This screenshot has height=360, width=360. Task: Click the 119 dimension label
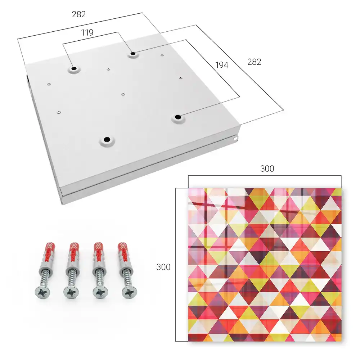pos(87,33)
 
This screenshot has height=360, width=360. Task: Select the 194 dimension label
pos(222,65)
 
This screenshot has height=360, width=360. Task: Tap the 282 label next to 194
pos(254,62)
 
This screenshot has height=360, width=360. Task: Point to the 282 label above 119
pos(79,14)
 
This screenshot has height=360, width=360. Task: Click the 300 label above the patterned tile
pos(267,168)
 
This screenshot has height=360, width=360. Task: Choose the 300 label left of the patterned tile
pos(163,267)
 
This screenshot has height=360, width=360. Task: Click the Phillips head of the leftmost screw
pos(42,293)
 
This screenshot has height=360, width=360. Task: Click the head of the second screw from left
pos(71,293)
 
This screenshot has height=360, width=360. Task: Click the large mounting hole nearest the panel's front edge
pos(107,139)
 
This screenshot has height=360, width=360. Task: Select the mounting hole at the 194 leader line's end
pos(177,117)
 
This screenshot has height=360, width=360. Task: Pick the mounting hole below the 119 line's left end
pos(74,68)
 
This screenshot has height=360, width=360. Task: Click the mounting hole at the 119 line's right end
pos(133,54)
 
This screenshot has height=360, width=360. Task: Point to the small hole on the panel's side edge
pos(235,139)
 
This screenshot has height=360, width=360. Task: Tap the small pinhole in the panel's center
pos(123,94)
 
